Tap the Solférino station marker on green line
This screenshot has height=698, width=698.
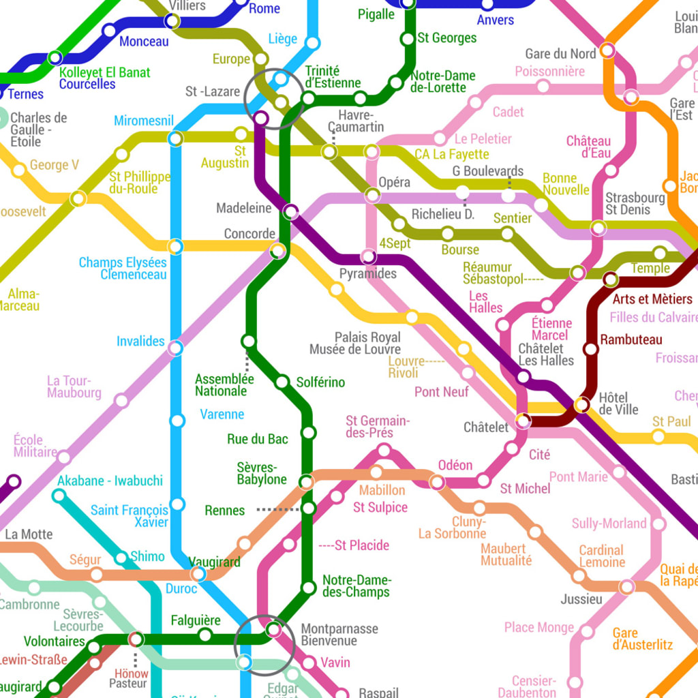(x=282, y=382)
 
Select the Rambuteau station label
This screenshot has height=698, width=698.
(x=631, y=339)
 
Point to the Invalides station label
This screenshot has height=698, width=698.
(x=140, y=341)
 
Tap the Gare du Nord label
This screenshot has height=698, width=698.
(x=560, y=53)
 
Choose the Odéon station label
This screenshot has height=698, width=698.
(x=455, y=465)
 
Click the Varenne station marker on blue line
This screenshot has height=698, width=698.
(x=177, y=421)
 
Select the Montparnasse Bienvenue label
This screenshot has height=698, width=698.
(x=339, y=635)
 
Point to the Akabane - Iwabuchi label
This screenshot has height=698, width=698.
(x=110, y=481)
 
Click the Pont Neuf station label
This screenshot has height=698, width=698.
(x=442, y=392)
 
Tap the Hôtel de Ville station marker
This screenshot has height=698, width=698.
(x=582, y=405)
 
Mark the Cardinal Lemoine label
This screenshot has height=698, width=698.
(x=602, y=556)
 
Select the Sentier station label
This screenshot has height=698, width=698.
(x=512, y=217)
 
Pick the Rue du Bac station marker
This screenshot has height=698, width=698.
(x=308, y=432)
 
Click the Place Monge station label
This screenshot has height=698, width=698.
(x=539, y=627)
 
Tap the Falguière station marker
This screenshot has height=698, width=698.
(x=204, y=635)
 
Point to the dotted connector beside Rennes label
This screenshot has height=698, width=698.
(x=277, y=509)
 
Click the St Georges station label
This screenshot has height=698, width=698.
(x=446, y=38)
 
